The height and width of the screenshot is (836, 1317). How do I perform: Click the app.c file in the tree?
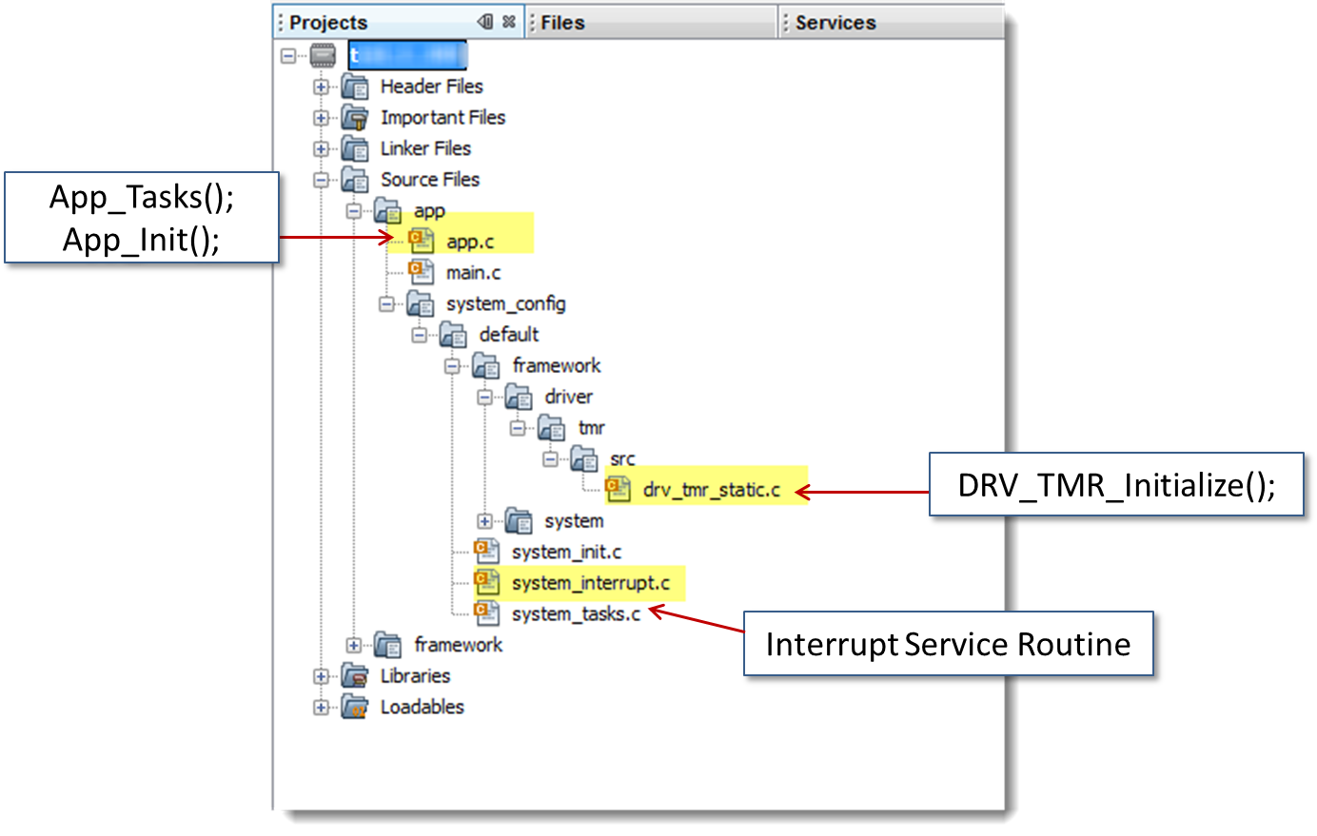tap(470, 242)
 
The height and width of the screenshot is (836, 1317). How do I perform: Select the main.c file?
tap(473, 273)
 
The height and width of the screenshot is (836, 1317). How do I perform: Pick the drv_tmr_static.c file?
tap(711, 490)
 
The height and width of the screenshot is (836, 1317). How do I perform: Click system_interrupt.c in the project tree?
tap(590, 583)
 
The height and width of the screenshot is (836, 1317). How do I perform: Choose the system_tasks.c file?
tap(576, 614)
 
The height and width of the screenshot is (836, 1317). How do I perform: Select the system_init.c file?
tap(566, 552)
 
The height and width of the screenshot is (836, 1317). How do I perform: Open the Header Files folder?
tap(431, 87)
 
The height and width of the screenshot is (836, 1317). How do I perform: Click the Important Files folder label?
tap(442, 118)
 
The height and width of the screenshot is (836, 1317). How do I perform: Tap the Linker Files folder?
tap(425, 148)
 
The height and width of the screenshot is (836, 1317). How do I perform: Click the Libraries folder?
tap(415, 676)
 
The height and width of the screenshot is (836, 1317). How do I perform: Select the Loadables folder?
tap(422, 707)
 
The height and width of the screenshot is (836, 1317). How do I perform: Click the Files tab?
tap(562, 23)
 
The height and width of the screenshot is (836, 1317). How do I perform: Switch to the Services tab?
tap(835, 23)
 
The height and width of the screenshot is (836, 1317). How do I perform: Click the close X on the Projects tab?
tap(509, 21)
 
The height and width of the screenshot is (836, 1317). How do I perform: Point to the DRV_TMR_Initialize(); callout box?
tap(1116, 485)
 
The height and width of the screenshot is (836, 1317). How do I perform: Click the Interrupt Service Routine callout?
tap(948, 644)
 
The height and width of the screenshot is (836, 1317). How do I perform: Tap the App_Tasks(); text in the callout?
tap(141, 197)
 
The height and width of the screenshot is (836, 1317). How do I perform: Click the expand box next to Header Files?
tap(322, 87)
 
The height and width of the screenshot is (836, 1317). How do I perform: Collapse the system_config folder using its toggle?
tap(386, 304)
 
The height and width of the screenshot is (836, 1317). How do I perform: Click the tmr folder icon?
tap(552, 428)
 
